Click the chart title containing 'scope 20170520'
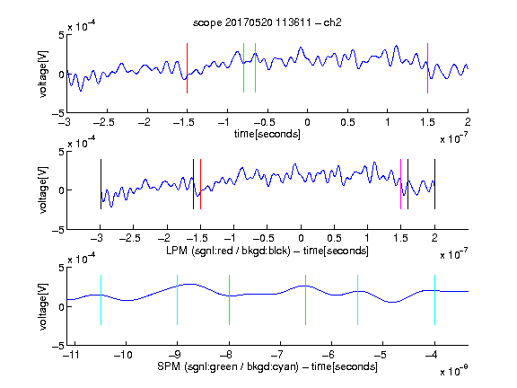tap(267, 22)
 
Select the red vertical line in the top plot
tap(187, 68)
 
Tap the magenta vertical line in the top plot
tap(427, 68)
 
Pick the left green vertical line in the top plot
tap(243, 68)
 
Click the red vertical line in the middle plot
tap(200, 184)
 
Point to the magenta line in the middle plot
tap(400, 184)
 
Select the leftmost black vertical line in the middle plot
tap(101, 184)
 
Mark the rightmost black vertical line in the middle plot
tap(434, 184)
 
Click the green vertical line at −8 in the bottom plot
tap(229, 300)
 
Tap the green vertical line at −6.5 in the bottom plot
tap(306, 300)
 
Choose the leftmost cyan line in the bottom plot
tap(101, 300)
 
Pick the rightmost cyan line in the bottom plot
tap(434, 300)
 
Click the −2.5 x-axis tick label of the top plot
tap(103, 122)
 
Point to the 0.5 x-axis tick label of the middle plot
tap(334, 238)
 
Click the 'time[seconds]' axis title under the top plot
tap(267, 134)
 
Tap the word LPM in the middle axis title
tap(177, 251)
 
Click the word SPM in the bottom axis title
tap(169, 366)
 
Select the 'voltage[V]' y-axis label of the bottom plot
tap(43, 306)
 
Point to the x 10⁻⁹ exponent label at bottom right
tap(454, 371)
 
